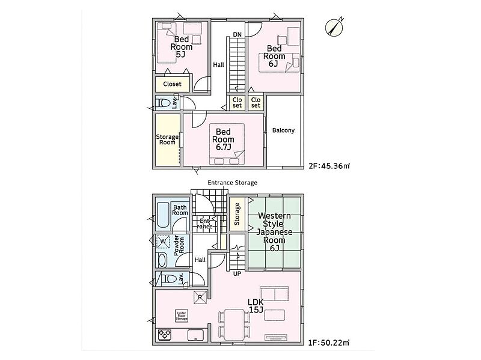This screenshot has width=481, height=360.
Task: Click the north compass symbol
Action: (x=334, y=27)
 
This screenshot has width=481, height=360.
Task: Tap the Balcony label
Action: (x=283, y=130)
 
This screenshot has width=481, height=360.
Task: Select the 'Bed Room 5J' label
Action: (x=182, y=47)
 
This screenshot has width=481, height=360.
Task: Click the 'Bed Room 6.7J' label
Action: (x=223, y=139)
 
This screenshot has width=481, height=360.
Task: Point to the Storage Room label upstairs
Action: (x=167, y=139)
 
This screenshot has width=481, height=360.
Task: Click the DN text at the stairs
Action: (x=237, y=34)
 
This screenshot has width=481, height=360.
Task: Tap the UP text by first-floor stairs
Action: (x=237, y=273)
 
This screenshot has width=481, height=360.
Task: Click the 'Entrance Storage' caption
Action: (x=232, y=183)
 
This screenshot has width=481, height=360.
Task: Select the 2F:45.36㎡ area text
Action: (x=329, y=166)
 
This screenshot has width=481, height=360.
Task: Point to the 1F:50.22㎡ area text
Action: (x=329, y=342)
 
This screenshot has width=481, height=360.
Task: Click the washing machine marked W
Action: (x=163, y=242)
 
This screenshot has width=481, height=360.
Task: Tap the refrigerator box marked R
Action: (x=200, y=297)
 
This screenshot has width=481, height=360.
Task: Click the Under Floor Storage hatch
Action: (x=182, y=316)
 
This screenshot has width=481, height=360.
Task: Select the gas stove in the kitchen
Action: (x=165, y=335)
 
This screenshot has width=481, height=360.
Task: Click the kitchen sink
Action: (x=196, y=335)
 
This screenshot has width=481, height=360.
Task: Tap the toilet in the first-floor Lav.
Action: (x=169, y=279)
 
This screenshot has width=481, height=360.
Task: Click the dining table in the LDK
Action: (x=234, y=325)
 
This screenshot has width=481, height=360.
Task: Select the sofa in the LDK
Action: (x=274, y=294)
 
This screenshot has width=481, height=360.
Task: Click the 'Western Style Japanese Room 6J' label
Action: (x=274, y=232)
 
